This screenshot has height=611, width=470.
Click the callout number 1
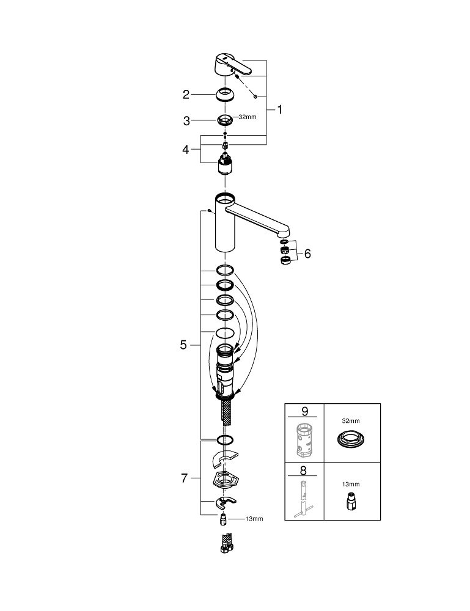coord(279,111)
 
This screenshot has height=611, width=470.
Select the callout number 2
coord(186,95)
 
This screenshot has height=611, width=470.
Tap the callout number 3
coord(187,121)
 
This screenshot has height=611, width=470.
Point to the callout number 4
coord(186,150)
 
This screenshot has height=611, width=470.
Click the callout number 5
coord(183,345)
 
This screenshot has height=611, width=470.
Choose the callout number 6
coord(307,253)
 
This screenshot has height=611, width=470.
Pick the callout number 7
coord(184,479)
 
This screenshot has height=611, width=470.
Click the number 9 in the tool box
coord(304,412)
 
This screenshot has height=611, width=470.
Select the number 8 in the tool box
coord(304,470)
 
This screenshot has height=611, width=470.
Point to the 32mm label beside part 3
coord(247,117)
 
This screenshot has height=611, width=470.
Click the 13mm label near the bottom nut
coord(254,519)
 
